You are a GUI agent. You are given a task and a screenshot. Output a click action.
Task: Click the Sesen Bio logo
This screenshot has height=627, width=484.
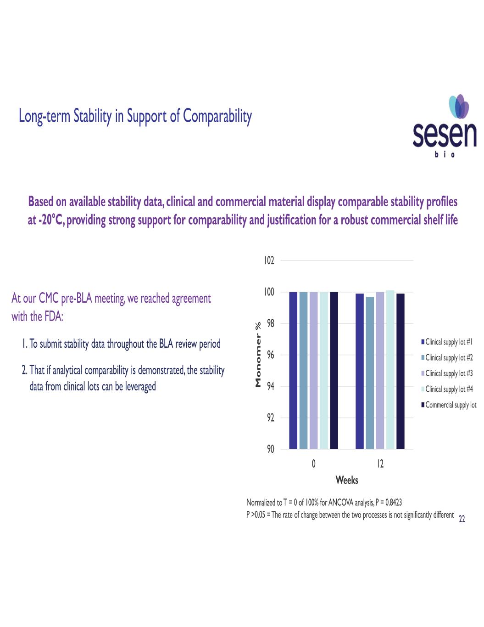click(445, 127)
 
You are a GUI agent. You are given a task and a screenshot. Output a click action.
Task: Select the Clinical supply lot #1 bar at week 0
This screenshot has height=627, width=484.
click(293, 370)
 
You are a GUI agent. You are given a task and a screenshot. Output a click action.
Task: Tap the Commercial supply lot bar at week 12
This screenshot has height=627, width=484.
click(401, 371)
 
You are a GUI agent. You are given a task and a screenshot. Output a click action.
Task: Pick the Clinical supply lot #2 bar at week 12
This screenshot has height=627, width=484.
click(370, 373)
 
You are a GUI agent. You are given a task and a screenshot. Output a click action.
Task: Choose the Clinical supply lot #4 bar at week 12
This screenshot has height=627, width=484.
click(390, 369)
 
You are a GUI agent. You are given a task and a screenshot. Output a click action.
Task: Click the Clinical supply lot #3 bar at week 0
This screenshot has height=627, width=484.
click(313, 370)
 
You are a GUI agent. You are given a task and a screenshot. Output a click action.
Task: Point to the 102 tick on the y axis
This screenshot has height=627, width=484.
click(269, 261)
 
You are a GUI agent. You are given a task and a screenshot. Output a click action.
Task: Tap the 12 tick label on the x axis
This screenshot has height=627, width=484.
click(380, 464)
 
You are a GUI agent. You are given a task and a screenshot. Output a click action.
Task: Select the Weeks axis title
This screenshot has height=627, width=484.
click(347, 480)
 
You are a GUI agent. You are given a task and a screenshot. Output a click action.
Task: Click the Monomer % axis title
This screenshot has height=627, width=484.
click(258, 354)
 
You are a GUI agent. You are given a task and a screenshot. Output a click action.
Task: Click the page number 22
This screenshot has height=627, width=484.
click(462, 520)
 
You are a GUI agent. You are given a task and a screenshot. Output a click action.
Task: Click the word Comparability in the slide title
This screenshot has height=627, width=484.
click(217, 117)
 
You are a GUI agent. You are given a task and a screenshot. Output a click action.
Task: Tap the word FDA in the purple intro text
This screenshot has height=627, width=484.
click(52, 317)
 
